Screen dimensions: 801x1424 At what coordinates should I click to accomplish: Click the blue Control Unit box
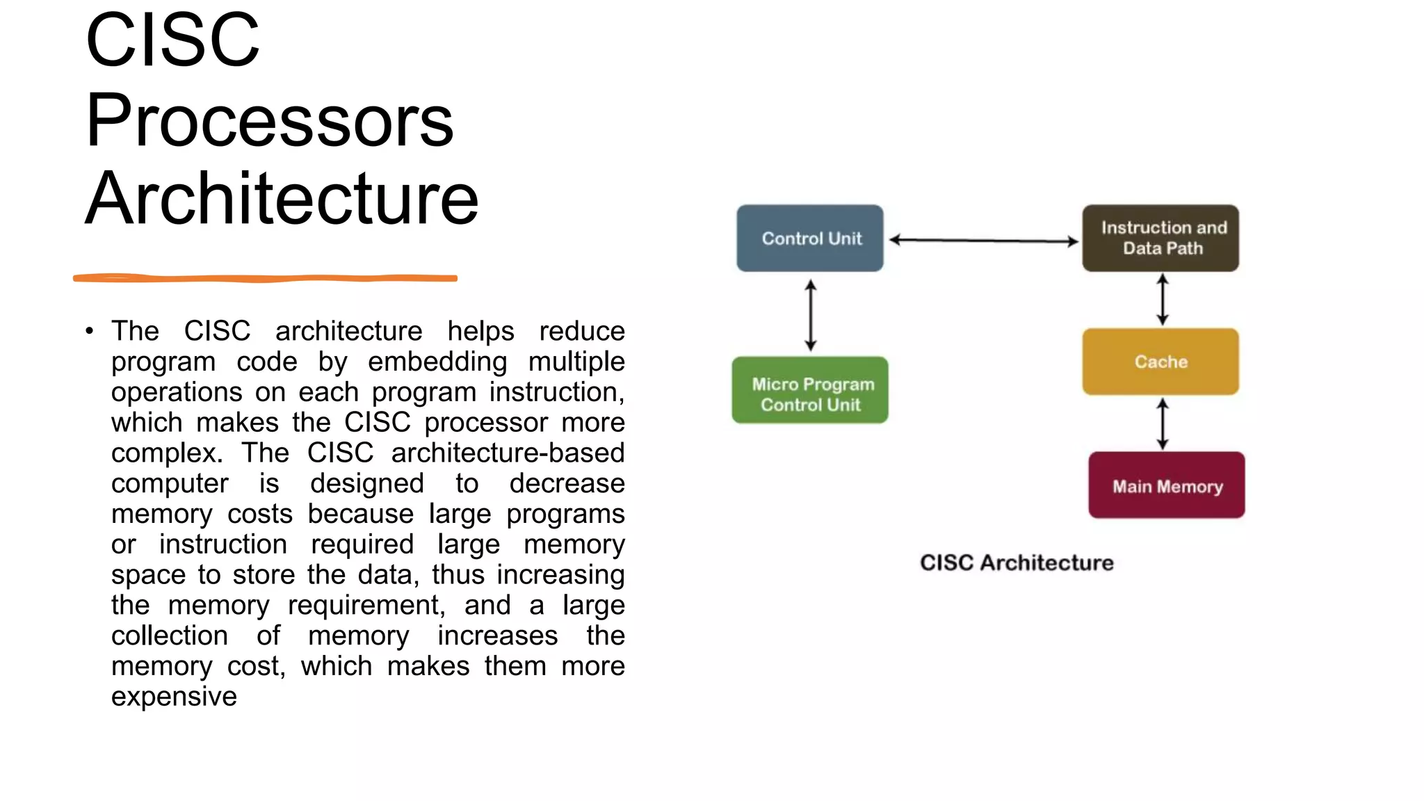pyautogui.click(x=810, y=238)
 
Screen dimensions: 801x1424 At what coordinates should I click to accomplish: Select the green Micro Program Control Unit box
pyautogui.click(x=810, y=391)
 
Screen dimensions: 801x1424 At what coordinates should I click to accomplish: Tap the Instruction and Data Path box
pyautogui.click(x=1160, y=238)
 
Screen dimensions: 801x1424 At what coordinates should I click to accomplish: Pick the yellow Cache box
pyautogui.click(x=1160, y=362)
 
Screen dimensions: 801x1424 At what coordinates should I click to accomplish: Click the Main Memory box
pyautogui.click(x=1167, y=485)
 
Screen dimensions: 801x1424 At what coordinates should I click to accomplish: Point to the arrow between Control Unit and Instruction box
pyautogui.click(x=983, y=241)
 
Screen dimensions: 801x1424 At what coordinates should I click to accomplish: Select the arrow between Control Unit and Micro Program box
pyautogui.click(x=811, y=315)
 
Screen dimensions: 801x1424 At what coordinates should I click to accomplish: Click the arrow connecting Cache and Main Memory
pyautogui.click(x=1163, y=424)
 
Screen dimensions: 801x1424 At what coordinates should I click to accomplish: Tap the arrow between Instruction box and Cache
pyautogui.click(x=1163, y=300)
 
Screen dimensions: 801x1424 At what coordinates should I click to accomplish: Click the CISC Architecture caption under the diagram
pyautogui.click(x=1017, y=563)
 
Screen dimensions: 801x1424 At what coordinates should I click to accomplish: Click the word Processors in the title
pyautogui.click(x=270, y=120)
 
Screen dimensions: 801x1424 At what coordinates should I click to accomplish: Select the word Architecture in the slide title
pyautogui.click(x=282, y=199)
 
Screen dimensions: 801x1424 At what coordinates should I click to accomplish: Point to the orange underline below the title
pyautogui.click(x=265, y=278)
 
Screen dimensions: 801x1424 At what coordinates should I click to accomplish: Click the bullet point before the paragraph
pyautogui.click(x=89, y=331)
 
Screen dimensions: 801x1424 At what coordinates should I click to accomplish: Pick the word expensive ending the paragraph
pyautogui.click(x=174, y=697)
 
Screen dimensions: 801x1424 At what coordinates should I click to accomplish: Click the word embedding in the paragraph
pyautogui.click(x=437, y=362)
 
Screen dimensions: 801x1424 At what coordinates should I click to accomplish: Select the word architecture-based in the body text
pyautogui.click(x=508, y=453)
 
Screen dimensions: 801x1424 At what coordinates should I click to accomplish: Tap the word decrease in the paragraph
pyautogui.click(x=567, y=484)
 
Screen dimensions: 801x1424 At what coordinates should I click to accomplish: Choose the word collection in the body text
pyautogui.click(x=170, y=636)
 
